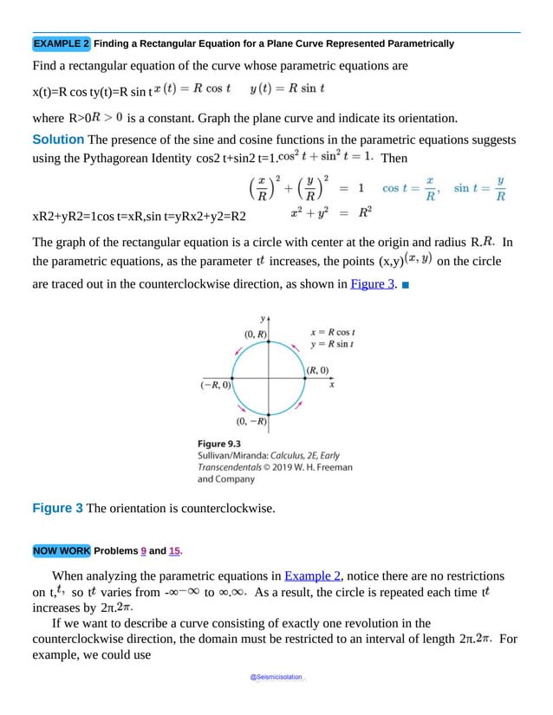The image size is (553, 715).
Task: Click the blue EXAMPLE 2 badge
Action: [x=62, y=43]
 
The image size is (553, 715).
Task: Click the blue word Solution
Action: [x=58, y=140]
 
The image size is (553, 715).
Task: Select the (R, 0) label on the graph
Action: [x=316, y=370]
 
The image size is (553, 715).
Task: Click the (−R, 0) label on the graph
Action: [x=215, y=385]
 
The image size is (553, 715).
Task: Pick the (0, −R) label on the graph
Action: [x=251, y=421]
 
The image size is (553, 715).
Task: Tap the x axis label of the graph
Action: [x=331, y=385]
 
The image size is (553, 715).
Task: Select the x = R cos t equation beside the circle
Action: [x=333, y=331]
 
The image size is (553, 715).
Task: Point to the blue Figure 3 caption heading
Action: [x=57, y=508]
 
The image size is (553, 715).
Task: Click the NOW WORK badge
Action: [x=62, y=550]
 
